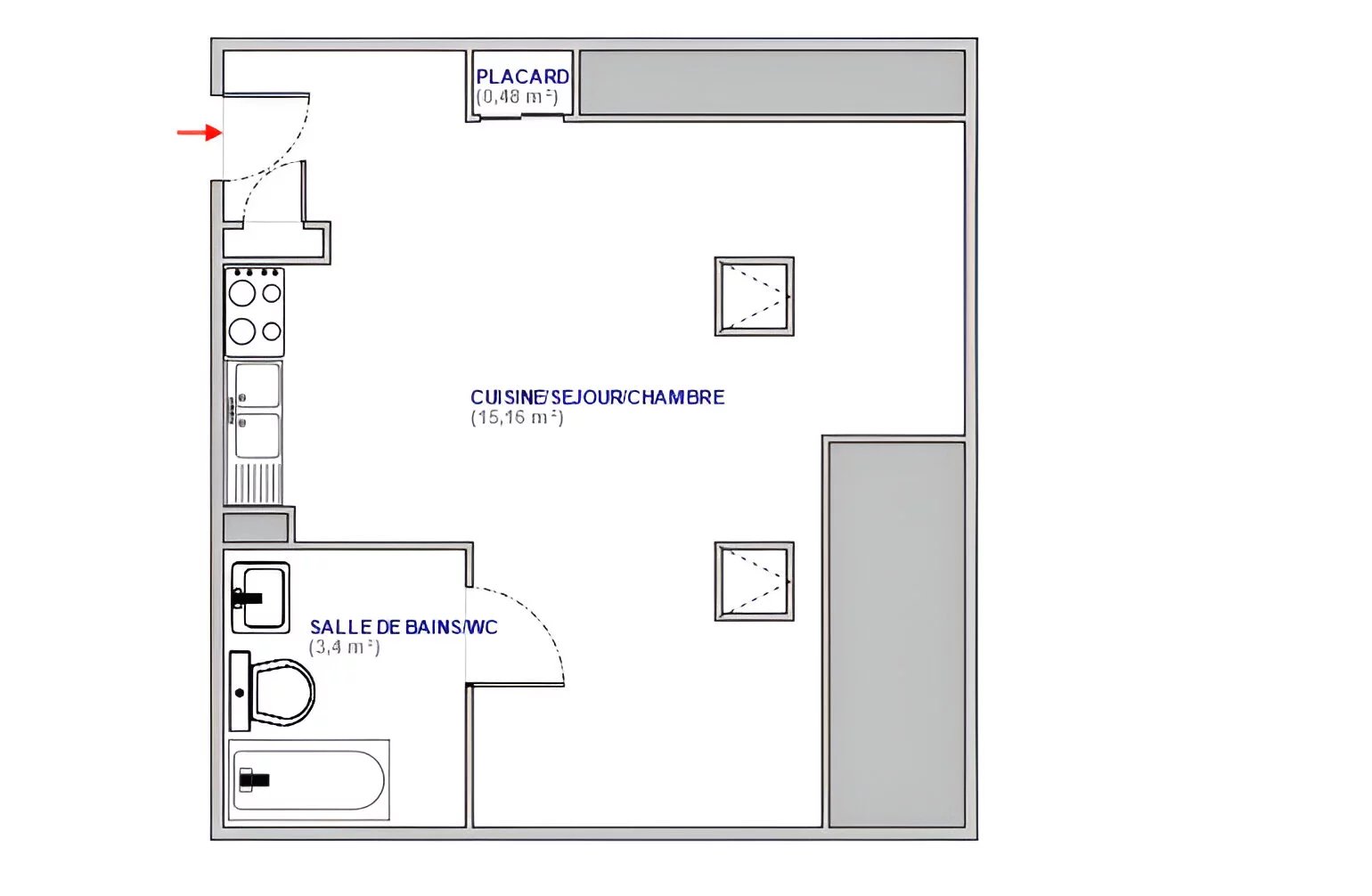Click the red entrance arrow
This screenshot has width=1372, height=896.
[200, 133]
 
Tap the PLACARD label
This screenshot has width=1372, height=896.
[522, 77]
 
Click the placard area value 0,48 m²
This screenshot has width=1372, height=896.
[518, 97]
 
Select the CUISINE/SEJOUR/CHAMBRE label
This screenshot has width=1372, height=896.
[597, 397]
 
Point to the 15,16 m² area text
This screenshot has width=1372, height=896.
[517, 418]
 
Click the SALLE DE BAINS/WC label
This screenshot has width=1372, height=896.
[404, 627]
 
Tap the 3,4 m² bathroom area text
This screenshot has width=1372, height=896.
[344, 648]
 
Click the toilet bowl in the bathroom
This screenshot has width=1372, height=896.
[283, 692]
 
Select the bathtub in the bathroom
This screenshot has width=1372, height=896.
[309, 780]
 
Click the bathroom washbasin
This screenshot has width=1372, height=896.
[260, 598]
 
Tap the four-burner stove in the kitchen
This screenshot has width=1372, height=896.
[254, 312]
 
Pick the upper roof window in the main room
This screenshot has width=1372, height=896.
[755, 297]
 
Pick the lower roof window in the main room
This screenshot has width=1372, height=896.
[755, 582]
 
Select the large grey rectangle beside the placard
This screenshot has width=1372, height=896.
[772, 82]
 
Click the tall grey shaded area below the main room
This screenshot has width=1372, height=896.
[897, 634]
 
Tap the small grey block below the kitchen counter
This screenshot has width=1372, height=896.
[256, 527]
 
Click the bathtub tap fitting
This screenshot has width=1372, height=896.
[253, 780]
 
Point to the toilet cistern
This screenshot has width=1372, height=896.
[241, 691]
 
